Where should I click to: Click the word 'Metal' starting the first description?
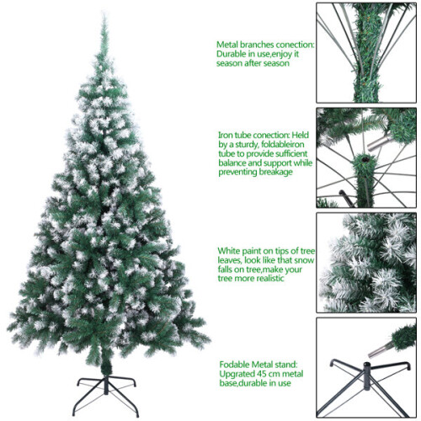click(229, 44)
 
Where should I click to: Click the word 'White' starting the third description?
click(230, 250)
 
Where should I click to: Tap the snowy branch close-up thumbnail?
click(365, 263)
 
